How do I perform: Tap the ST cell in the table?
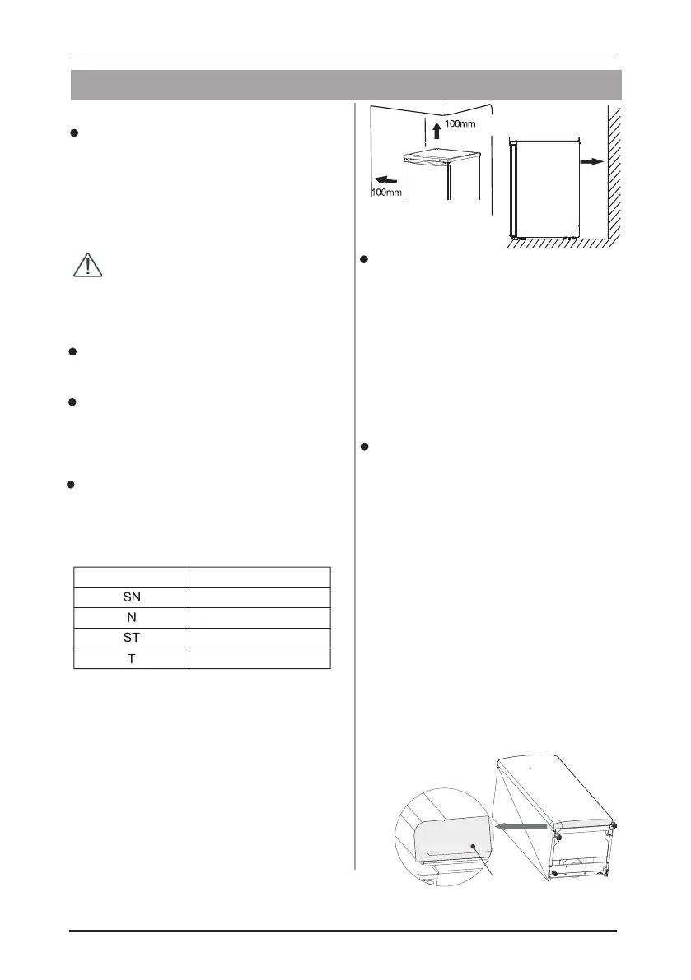(x=131, y=637)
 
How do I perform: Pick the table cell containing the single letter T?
(x=131, y=657)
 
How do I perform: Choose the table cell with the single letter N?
(x=131, y=617)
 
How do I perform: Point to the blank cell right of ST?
(x=259, y=637)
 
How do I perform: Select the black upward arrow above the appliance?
(x=437, y=130)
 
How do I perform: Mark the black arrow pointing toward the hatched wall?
(x=591, y=163)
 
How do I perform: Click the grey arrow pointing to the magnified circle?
(x=525, y=825)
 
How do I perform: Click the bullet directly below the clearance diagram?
(x=363, y=260)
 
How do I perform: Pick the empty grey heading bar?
(x=346, y=84)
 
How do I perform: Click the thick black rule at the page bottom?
(x=343, y=931)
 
